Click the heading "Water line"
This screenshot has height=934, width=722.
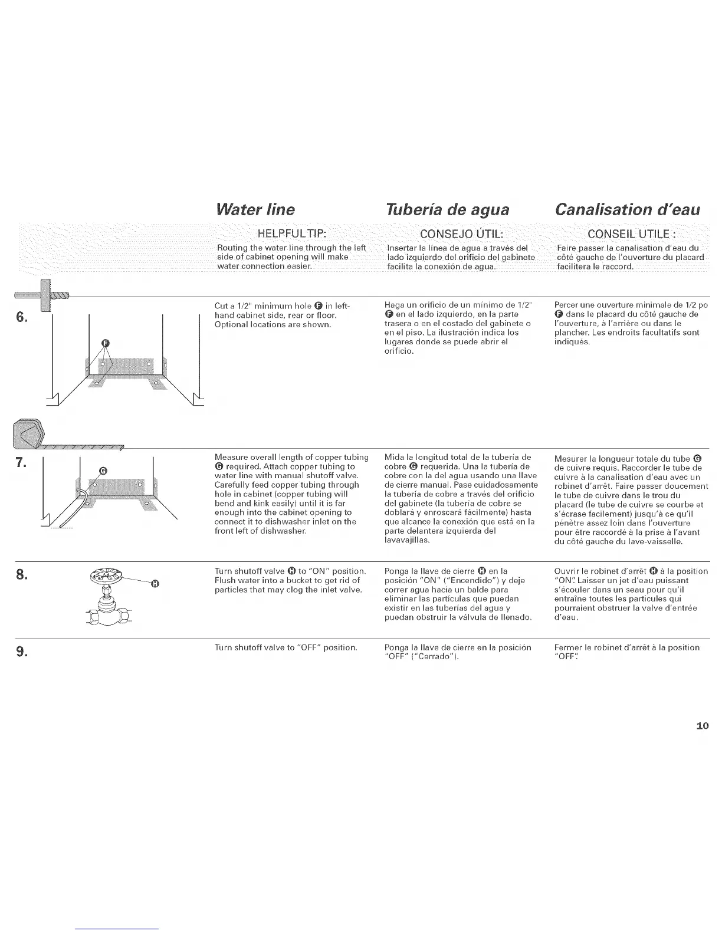(x=255, y=209)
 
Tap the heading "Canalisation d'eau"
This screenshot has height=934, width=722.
(x=628, y=209)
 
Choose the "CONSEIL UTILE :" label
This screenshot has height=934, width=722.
(x=633, y=232)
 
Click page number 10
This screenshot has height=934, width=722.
(x=702, y=726)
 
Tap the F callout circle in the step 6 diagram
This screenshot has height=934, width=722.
(x=106, y=343)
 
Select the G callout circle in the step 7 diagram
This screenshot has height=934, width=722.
(x=103, y=470)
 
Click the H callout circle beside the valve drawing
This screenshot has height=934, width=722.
(x=155, y=584)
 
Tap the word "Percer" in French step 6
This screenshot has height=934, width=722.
(x=567, y=305)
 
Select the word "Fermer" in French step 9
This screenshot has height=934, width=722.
(x=568, y=647)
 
